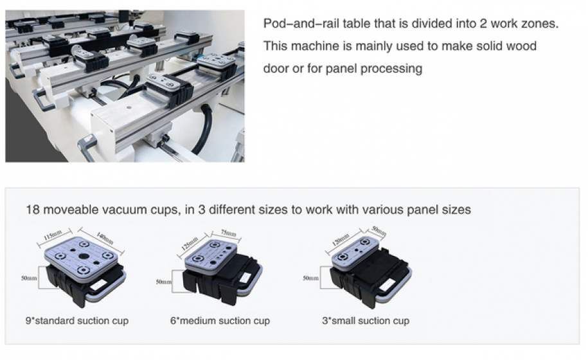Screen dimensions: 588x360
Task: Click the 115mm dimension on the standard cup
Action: click(x=53, y=235)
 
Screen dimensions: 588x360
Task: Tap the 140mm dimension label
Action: click(x=105, y=238)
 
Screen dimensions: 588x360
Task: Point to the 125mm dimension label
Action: click(x=190, y=244)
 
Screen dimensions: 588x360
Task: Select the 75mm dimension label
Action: click(x=228, y=233)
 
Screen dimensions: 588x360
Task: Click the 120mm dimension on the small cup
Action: click(x=341, y=239)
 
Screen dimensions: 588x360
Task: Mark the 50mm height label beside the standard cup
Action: click(x=29, y=278)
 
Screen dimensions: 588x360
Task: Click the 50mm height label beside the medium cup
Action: click(x=163, y=282)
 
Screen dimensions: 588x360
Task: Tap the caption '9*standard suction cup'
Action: click(x=77, y=321)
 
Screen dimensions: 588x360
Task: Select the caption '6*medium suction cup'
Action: click(x=220, y=321)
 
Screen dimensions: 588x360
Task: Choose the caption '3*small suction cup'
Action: click(x=366, y=321)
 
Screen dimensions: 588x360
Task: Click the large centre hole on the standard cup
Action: click(x=84, y=256)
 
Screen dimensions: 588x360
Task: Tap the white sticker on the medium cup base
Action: click(x=245, y=278)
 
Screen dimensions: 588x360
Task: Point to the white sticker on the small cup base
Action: click(x=386, y=287)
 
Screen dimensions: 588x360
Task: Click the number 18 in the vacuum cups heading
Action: click(x=32, y=210)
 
